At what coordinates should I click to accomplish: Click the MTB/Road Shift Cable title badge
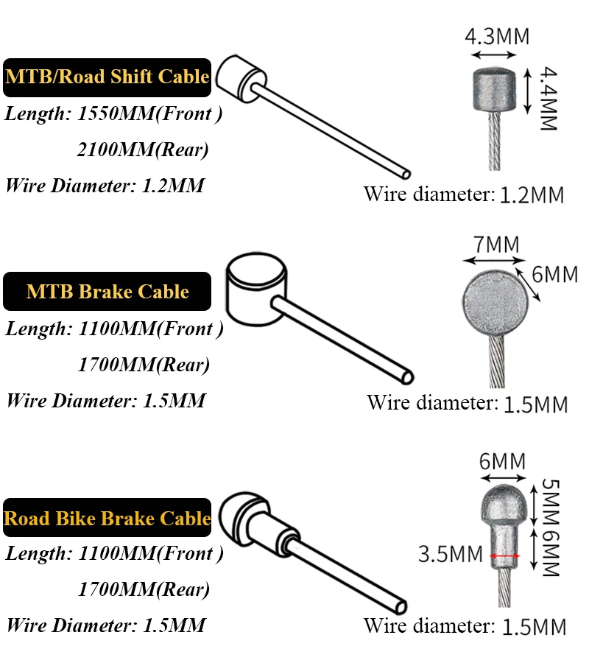tap(107, 77)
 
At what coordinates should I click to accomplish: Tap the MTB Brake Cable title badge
tap(107, 292)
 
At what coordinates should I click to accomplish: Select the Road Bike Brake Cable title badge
tap(107, 518)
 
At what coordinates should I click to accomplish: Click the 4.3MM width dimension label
tap(496, 36)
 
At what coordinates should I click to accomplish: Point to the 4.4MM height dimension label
tap(547, 99)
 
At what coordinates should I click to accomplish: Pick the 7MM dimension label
tap(496, 244)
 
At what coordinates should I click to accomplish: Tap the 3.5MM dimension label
tap(450, 554)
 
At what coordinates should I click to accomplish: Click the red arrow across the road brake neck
tap(504, 556)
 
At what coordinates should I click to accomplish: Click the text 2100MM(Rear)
tap(143, 150)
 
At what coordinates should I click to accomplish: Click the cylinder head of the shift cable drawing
tap(242, 77)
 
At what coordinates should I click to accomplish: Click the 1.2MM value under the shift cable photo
tap(532, 195)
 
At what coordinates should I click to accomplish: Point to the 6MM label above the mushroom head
tap(502, 462)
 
